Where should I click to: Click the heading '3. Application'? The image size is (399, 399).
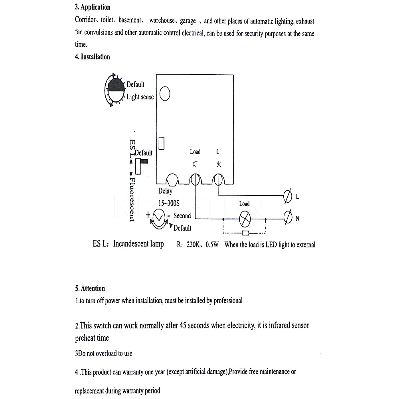coord(93,7)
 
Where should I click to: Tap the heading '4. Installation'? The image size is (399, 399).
coord(92,57)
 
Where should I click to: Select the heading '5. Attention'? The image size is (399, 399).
coord(90,288)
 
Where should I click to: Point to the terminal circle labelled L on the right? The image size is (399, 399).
coord(287,196)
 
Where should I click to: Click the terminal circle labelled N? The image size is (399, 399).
coord(287,218)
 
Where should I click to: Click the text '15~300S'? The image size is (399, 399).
coord(169,203)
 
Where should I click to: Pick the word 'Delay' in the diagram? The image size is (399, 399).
coord(165,191)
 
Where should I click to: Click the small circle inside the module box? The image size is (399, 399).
coord(165,94)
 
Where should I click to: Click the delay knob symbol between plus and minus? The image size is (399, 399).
coord(159,217)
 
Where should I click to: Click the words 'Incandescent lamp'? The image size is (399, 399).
coord(138,244)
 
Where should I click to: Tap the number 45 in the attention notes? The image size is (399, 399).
coord(184,325)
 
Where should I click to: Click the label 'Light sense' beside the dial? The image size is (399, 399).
coord(140,97)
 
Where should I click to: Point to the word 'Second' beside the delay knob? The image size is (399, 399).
coord(182,216)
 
